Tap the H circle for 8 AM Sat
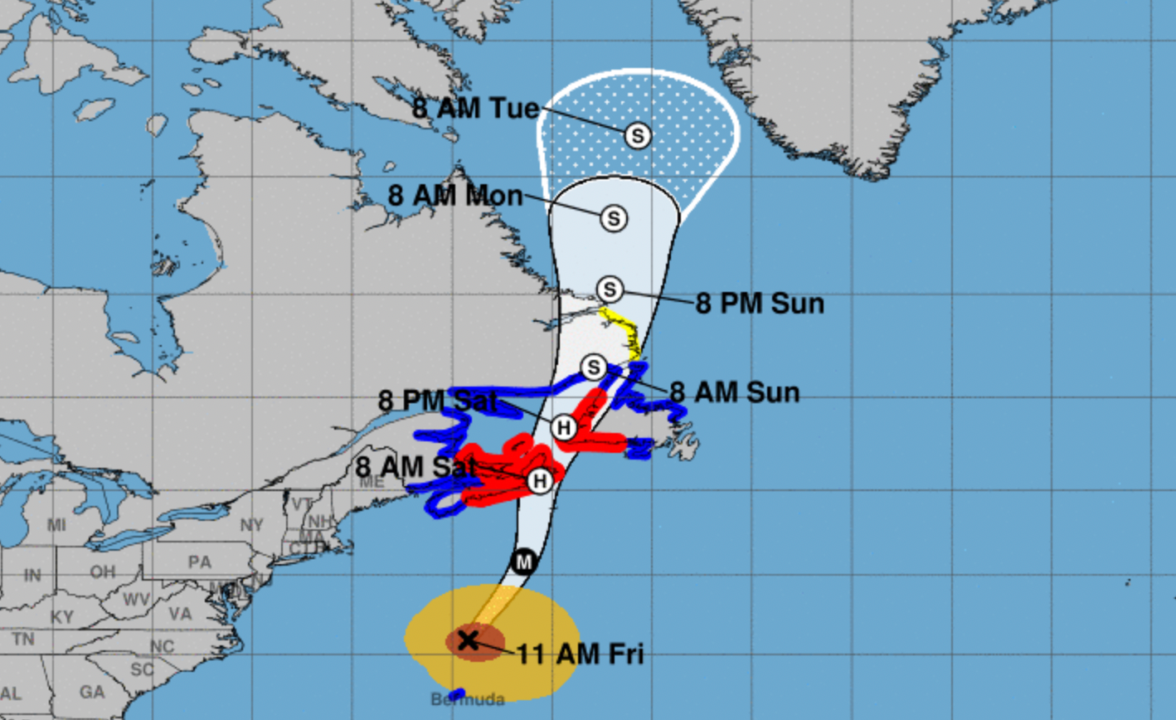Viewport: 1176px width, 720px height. tap(540, 480)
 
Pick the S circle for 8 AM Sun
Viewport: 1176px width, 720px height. tap(594, 367)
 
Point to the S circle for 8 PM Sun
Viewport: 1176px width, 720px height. tap(610, 289)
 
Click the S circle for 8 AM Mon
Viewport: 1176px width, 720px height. tap(614, 218)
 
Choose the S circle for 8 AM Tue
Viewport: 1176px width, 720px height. tap(637, 135)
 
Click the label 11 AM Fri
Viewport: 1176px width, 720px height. tap(581, 654)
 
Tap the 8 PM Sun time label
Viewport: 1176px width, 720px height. tap(760, 304)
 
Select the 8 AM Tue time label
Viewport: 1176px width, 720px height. tap(476, 109)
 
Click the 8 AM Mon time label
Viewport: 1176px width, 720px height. tap(455, 196)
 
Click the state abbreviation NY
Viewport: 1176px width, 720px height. tap(251, 525)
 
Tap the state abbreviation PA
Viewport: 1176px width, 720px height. tap(200, 562)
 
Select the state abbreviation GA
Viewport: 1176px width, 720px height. tap(92, 691)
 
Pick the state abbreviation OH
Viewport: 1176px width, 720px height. tap(103, 572)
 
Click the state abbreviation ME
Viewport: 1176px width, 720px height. tap(372, 483)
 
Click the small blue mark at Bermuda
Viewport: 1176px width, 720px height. tap(455, 692)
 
